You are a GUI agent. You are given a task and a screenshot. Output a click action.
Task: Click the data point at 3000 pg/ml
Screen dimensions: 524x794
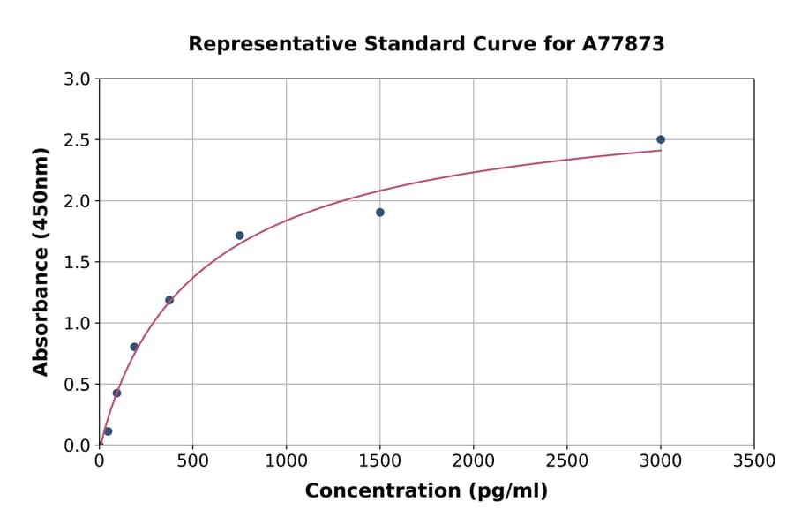[660, 139]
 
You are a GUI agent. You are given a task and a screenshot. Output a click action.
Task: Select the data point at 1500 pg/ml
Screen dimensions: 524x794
[379, 213]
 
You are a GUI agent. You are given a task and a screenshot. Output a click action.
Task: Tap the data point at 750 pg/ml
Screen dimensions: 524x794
[239, 236]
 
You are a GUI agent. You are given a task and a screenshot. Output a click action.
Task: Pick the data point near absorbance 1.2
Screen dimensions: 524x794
[169, 300]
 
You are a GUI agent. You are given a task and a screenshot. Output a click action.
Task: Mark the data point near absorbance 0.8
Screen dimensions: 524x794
[134, 347]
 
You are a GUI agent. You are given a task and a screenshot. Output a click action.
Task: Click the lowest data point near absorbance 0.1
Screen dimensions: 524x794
[108, 431]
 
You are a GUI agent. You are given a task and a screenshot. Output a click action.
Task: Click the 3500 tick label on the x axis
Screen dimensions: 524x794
[753, 461]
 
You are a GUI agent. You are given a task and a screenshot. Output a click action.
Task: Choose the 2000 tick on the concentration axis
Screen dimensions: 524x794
[473, 461]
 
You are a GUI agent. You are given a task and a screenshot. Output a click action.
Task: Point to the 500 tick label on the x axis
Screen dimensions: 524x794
[192, 461]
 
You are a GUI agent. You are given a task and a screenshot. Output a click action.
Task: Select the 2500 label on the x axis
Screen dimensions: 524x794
[566, 461]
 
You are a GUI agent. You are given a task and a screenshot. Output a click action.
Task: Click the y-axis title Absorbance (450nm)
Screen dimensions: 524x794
[41, 261]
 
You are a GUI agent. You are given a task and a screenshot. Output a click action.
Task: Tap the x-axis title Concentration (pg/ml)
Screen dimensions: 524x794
[426, 491]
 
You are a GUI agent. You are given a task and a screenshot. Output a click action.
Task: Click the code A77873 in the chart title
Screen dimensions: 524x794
[623, 43]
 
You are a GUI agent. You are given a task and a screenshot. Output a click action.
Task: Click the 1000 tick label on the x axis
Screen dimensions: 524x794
[286, 461]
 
